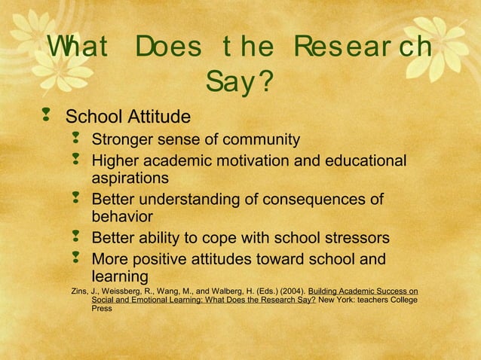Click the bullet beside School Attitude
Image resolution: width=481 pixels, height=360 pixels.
[x=47, y=116]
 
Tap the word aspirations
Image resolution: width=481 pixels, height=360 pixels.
[x=130, y=178]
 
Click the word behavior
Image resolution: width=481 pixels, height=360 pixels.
[x=122, y=217]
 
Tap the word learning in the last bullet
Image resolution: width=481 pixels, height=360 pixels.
[x=120, y=276]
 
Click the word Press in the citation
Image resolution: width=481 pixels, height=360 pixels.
[x=102, y=309]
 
